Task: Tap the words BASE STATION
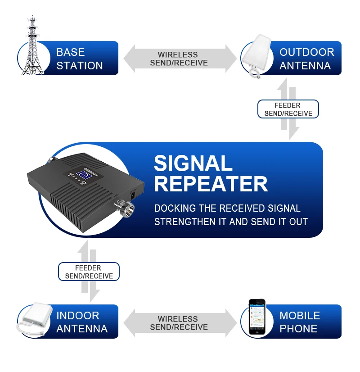click(79, 59)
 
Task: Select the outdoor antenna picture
click(256, 56)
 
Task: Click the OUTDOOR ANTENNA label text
click(307, 59)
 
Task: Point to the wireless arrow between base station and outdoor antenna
click(180, 59)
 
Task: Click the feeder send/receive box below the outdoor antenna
click(288, 109)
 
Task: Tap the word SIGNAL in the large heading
click(193, 163)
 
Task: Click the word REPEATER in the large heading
click(211, 184)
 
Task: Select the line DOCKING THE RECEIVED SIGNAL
click(227, 208)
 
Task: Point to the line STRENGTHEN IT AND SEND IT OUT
click(231, 222)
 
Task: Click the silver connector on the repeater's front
click(125, 207)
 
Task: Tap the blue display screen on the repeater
click(84, 176)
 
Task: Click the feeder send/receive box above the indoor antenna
click(89, 272)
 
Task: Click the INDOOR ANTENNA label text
click(82, 322)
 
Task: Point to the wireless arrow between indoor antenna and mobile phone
click(180, 323)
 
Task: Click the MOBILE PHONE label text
click(300, 322)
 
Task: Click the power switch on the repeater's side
click(133, 195)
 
